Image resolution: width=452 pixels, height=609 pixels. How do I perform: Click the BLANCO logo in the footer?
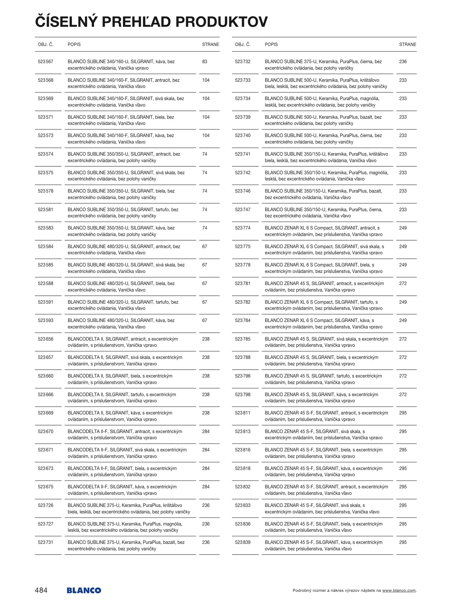(84, 590)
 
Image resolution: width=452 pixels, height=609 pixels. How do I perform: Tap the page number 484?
(41, 590)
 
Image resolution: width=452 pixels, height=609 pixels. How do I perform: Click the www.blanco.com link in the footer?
(399, 591)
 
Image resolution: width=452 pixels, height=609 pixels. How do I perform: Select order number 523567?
(45, 62)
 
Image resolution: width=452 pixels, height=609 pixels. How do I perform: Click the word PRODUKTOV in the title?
(221, 22)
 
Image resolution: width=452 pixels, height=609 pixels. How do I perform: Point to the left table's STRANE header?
(210, 45)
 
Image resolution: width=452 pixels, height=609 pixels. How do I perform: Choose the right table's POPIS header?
(271, 45)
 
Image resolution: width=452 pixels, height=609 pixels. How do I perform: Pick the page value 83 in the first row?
(204, 62)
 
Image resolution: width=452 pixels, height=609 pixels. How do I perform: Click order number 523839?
(243, 542)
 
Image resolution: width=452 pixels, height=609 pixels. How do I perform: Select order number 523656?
(45, 339)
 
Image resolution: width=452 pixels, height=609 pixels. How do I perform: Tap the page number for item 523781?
(403, 284)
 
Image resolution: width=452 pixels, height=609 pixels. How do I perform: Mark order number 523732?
(243, 62)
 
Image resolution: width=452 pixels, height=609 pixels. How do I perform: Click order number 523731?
(45, 542)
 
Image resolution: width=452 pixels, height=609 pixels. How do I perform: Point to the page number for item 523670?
(206, 432)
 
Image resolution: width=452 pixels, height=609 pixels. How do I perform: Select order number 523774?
(243, 228)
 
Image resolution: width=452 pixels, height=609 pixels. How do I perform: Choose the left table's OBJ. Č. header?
(45, 45)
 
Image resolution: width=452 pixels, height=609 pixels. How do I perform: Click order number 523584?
(45, 247)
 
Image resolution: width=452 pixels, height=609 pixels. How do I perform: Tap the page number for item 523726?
(206, 506)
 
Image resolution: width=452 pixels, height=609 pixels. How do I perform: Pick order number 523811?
(243, 413)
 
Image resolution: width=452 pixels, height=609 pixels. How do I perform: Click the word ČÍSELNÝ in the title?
(66, 22)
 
